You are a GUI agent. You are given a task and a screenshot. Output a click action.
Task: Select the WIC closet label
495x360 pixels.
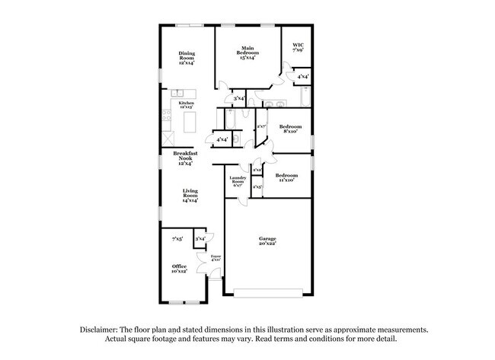click(x=299, y=46)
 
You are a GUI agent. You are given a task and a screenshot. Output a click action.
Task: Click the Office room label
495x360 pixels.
click(x=180, y=266)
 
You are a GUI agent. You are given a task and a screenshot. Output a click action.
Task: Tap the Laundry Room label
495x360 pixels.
click(x=238, y=181)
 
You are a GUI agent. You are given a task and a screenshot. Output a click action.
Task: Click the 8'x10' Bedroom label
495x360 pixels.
click(x=290, y=126)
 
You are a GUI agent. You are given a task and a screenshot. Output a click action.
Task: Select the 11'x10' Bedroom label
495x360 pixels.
click(x=287, y=176)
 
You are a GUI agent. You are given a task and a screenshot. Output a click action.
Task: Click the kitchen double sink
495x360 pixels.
click(x=187, y=94)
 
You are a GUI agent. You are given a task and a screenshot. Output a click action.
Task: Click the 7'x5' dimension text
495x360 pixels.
click(x=177, y=239)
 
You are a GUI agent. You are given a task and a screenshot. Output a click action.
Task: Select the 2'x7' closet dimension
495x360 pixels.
click(x=260, y=126)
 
